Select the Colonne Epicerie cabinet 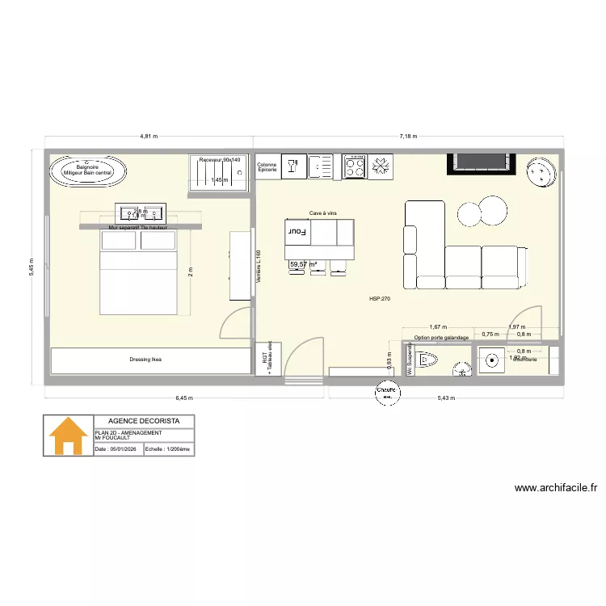point(267,167)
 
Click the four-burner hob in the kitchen point(354,167)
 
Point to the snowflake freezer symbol point(381,167)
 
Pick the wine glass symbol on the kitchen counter point(292,167)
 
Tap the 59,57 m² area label point(303,264)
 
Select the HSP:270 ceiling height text point(380,299)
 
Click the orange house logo point(69,436)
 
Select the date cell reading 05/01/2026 point(118,449)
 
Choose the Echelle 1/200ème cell point(168,449)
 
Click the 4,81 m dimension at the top point(149,137)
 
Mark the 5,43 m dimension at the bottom point(447,398)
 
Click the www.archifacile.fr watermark point(555,488)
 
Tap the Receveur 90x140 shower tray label point(220,161)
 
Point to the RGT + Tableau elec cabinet point(267,360)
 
